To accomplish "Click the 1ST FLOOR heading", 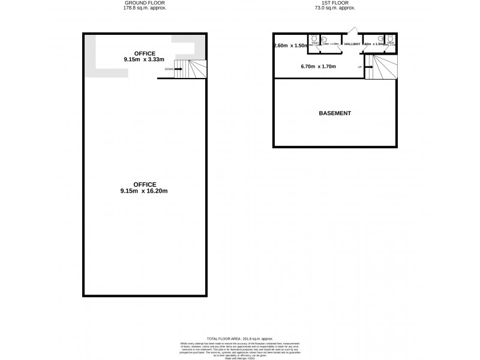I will (334, 4).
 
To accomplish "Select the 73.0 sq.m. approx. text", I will (334, 9).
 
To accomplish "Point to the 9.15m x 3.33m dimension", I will (145, 59).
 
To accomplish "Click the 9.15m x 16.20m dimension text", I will (145, 191).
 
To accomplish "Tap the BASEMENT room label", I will (335, 113).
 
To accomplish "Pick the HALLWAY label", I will (352, 44).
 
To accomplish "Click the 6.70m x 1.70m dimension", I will (318, 67).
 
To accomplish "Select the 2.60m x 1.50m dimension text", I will (290, 46).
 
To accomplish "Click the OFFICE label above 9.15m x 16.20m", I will (145, 184).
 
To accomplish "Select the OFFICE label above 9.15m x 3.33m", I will (145, 53).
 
